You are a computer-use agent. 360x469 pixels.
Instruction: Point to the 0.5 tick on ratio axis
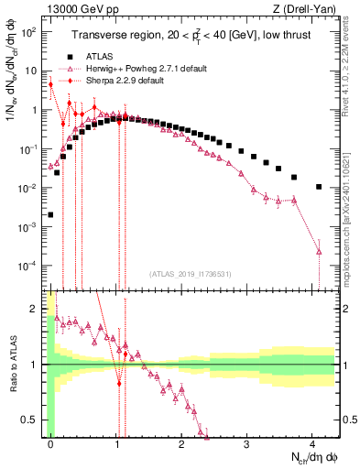[x=34, y=420]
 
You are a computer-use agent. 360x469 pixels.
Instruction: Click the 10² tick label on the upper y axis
[x=29, y=32]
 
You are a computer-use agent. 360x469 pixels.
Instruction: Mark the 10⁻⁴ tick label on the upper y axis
[x=29, y=266]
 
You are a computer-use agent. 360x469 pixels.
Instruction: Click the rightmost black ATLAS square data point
[x=319, y=187]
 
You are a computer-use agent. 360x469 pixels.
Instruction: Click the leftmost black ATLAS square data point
[x=50, y=214]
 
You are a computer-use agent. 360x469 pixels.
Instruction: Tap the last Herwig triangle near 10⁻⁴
[x=319, y=251]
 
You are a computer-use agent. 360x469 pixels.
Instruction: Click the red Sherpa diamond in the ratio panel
[x=118, y=383]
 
